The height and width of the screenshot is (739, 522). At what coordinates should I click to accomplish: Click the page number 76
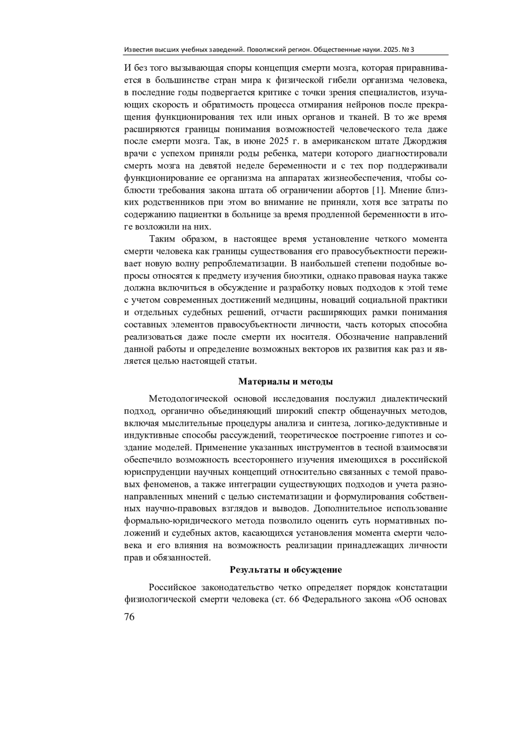(x=130, y=617)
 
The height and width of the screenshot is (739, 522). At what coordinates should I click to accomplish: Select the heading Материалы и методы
(x=286, y=382)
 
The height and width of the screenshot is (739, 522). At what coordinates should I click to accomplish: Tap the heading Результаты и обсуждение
(x=286, y=570)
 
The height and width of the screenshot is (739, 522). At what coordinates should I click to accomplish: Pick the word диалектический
(x=414, y=398)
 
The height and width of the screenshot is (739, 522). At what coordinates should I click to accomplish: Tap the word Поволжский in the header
(x=265, y=50)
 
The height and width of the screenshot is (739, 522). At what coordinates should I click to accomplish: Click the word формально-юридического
(x=177, y=521)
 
